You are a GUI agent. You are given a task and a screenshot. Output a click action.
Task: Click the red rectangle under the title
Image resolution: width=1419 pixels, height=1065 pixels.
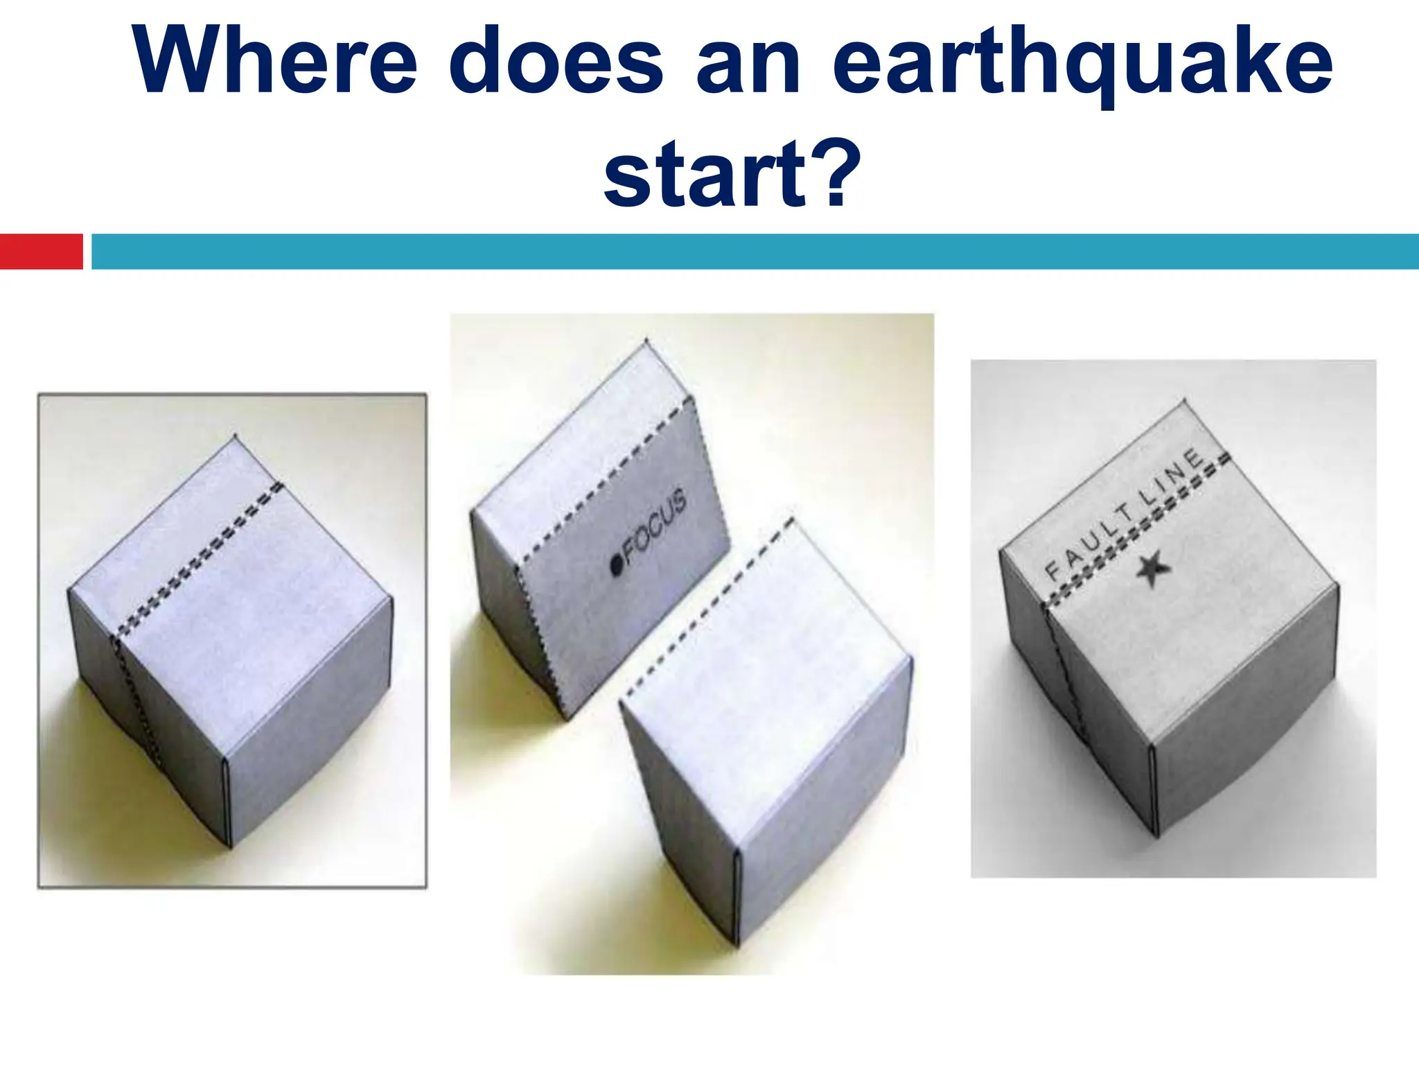coord(41,251)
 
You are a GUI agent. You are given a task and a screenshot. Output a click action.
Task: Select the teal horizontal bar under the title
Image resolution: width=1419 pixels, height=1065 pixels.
coord(755,251)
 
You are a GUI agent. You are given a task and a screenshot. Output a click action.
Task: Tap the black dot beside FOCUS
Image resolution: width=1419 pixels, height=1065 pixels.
coord(616,566)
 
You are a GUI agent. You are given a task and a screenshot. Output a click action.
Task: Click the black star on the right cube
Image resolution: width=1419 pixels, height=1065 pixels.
coord(1153,569)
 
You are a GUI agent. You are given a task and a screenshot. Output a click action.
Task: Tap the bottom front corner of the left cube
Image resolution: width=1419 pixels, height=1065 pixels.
coord(229,846)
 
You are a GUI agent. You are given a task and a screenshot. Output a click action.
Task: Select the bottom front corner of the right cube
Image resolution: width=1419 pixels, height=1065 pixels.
coord(1156,835)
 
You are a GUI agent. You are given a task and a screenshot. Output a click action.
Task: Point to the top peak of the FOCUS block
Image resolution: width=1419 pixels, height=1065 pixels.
coord(646,340)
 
